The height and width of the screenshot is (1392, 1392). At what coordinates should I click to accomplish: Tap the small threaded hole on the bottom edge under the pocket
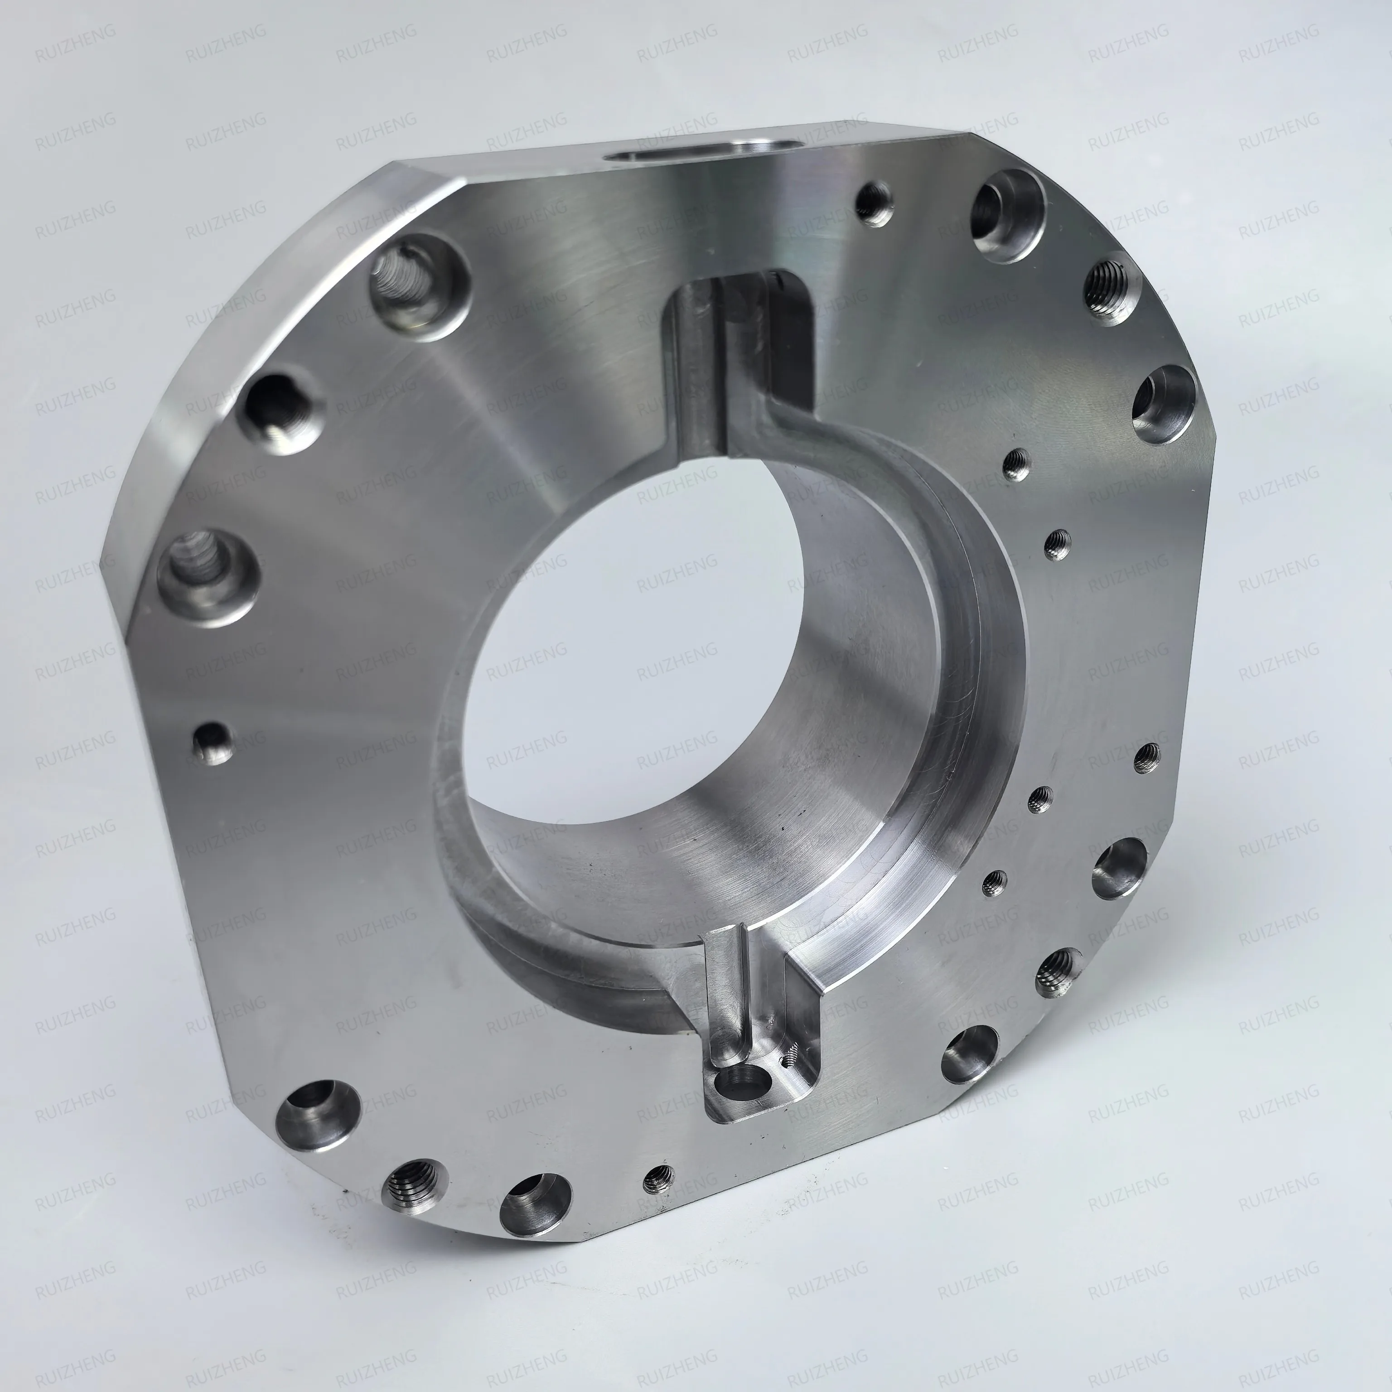pos(658,1179)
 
